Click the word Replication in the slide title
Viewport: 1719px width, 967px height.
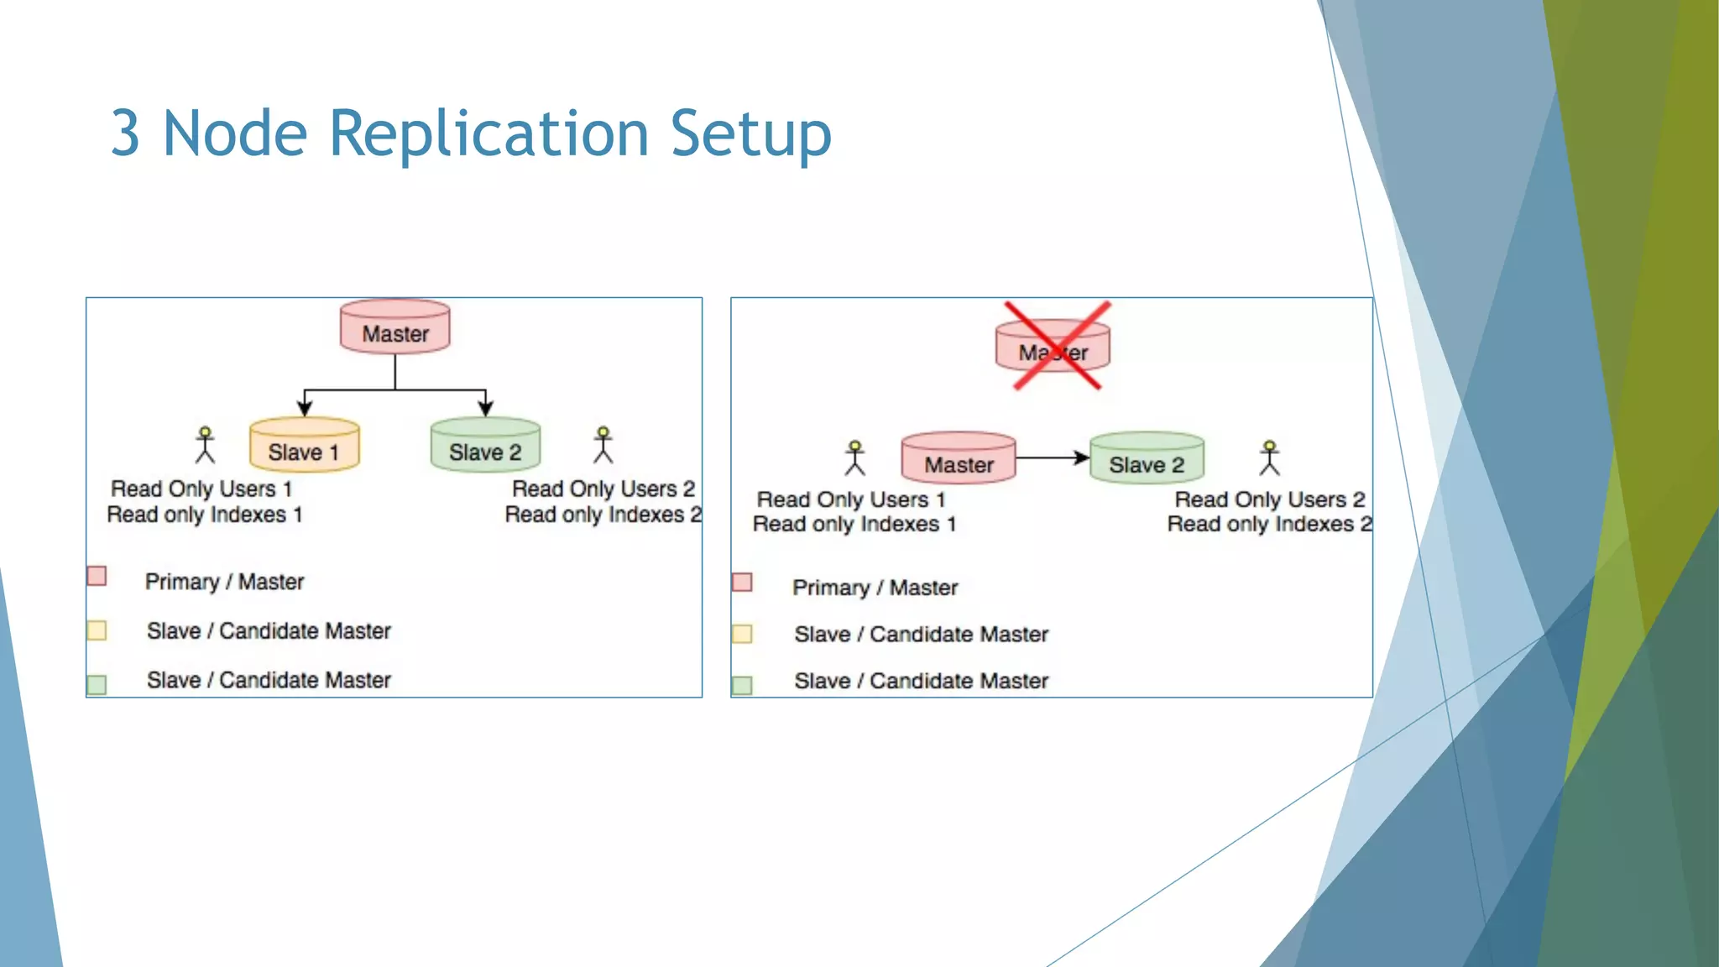(489, 134)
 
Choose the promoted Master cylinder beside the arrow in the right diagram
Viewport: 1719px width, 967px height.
(958, 458)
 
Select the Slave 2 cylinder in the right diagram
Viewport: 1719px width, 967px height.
(1147, 458)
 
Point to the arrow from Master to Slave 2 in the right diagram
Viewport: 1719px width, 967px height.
(1053, 457)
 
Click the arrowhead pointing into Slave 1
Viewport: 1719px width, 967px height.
(305, 409)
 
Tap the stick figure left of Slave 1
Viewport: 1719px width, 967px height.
(205, 445)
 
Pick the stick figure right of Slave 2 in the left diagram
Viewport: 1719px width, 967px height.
(603, 445)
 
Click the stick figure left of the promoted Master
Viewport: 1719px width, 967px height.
(854, 458)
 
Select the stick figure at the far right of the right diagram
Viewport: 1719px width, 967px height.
(1269, 458)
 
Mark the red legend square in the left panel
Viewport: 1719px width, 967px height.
(97, 576)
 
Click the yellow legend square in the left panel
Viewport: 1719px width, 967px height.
(97, 630)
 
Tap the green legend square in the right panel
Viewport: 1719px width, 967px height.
(742, 686)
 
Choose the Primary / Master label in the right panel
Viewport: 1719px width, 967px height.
(875, 588)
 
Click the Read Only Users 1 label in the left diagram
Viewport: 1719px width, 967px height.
(201, 489)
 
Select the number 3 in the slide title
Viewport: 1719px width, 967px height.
(125, 134)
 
